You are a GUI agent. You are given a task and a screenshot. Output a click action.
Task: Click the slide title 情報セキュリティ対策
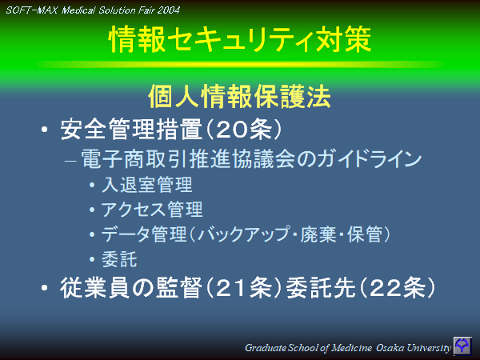point(239,41)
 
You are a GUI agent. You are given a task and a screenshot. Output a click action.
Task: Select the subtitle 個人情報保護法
point(240,97)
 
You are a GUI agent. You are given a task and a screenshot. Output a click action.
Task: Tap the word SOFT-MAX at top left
point(31,10)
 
